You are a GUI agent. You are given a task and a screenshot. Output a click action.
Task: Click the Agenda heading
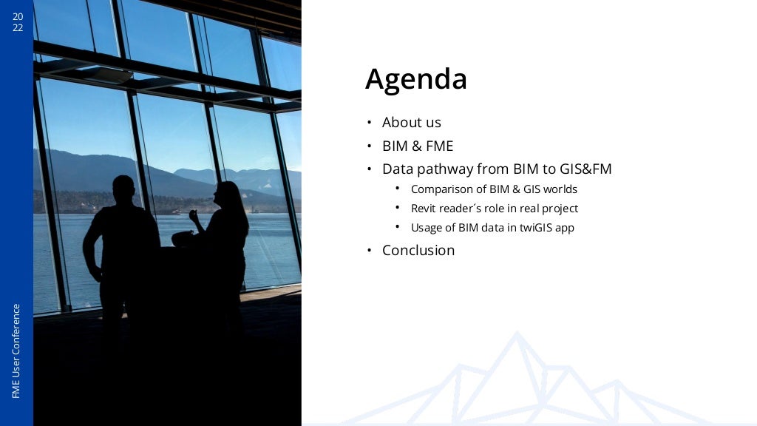pos(415,79)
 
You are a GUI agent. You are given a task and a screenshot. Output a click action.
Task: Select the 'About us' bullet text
pos(411,123)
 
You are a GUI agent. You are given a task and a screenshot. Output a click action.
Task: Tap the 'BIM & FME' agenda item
pos(417,146)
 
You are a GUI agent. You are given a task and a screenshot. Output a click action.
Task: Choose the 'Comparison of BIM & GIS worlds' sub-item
pos(493,189)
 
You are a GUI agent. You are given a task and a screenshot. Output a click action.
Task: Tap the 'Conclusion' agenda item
pos(418,251)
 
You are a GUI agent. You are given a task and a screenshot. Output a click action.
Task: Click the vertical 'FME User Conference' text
pos(16,351)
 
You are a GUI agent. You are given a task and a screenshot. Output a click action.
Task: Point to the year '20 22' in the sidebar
pos(18,22)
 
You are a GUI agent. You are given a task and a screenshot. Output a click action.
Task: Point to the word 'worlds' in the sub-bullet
pos(560,189)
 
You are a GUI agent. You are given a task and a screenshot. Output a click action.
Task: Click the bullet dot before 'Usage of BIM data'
pos(397,227)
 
